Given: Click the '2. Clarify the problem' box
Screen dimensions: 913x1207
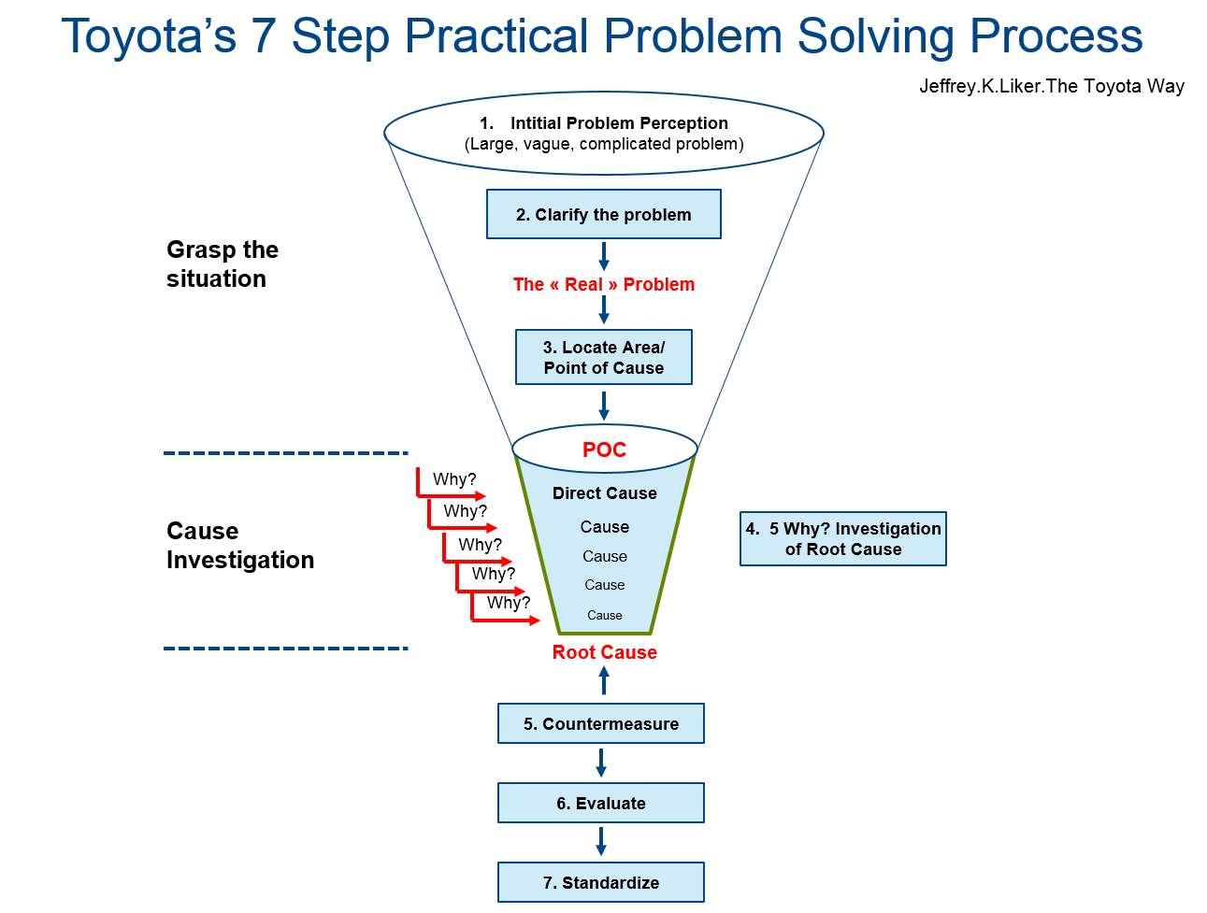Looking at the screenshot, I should [x=603, y=214].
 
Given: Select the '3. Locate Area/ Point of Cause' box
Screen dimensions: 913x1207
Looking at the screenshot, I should [x=603, y=357].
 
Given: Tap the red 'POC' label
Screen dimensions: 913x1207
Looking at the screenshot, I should [x=604, y=450].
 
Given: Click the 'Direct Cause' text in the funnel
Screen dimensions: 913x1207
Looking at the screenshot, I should [x=604, y=493].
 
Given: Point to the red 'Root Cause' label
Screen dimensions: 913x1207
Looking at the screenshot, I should [x=604, y=652].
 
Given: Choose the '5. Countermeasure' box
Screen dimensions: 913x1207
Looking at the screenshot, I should [x=600, y=723].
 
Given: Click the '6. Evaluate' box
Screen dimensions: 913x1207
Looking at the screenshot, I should [x=600, y=803].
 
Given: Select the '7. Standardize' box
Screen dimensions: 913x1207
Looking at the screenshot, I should [x=600, y=882].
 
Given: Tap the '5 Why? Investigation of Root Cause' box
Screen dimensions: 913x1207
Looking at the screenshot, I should [x=842, y=538].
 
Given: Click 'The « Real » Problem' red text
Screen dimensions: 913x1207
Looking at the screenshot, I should [x=603, y=284].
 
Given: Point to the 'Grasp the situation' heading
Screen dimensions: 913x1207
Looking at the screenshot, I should [x=222, y=264].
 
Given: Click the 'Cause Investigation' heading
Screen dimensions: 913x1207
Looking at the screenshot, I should [x=239, y=545].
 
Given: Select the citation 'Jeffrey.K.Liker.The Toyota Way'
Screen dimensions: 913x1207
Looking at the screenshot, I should [x=1051, y=86].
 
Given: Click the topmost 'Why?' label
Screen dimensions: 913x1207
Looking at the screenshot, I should [x=453, y=479].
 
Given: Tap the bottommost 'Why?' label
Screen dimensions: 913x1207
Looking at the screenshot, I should [x=508, y=603].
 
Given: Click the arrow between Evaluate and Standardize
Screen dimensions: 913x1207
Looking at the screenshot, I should [x=600, y=841].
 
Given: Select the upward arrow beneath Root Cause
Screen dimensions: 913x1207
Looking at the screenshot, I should [x=604, y=679].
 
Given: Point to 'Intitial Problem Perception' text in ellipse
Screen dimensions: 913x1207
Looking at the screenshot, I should [x=618, y=123].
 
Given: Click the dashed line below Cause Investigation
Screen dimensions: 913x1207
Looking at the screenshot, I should [x=285, y=648].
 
